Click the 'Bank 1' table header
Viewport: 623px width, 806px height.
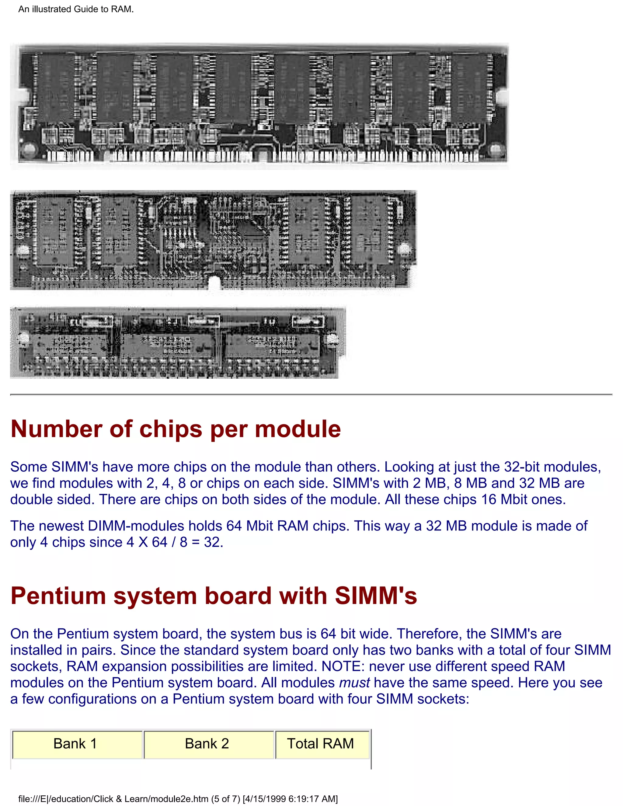tap(75, 743)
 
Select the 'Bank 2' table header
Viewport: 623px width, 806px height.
tap(207, 743)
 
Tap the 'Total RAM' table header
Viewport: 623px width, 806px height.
tap(320, 743)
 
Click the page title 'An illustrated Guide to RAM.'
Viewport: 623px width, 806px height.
tap(76, 9)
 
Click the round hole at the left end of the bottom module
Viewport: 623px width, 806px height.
tap(23, 338)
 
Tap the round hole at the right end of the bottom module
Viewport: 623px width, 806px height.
tap(332, 339)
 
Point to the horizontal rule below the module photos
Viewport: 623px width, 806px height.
tap(311, 394)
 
